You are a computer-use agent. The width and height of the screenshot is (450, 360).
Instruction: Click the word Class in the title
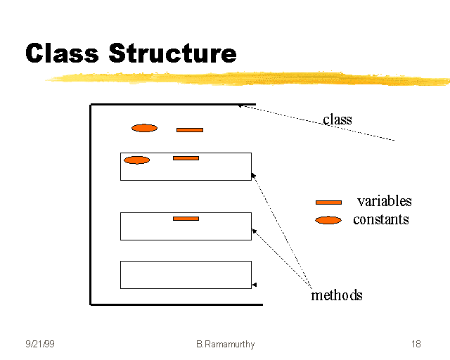click(x=62, y=53)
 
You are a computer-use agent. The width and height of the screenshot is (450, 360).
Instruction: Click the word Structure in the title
click(x=172, y=53)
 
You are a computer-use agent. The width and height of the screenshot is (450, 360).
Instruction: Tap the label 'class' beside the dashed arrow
click(x=337, y=120)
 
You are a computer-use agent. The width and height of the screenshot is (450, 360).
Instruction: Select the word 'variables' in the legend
click(x=384, y=201)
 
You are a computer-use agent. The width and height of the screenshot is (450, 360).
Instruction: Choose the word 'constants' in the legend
click(x=380, y=219)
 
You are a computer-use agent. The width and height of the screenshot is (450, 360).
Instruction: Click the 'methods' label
click(x=337, y=295)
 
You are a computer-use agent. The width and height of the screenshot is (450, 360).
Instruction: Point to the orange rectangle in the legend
click(x=328, y=202)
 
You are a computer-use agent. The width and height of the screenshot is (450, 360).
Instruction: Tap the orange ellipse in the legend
click(x=328, y=220)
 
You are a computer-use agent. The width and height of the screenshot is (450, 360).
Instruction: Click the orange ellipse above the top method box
click(x=144, y=128)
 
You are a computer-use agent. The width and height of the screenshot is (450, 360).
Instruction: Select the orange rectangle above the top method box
click(x=190, y=130)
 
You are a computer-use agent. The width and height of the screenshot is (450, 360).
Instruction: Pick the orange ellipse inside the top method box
click(x=136, y=160)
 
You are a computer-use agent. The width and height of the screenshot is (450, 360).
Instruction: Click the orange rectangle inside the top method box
click(x=186, y=158)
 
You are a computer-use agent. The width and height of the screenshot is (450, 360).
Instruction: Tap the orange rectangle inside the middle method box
click(x=186, y=219)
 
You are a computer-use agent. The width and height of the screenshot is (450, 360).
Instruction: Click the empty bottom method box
click(x=186, y=274)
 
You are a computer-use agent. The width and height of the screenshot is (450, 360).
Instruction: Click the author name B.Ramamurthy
click(x=225, y=345)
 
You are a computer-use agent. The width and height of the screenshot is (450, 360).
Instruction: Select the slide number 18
click(x=416, y=345)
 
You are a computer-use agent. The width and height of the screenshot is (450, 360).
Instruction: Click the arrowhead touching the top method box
click(x=253, y=174)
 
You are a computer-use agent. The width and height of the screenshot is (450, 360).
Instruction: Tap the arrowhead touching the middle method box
click(x=254, y=230)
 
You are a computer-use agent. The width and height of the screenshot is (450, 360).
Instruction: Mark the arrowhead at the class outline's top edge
click(x=240, y=106)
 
